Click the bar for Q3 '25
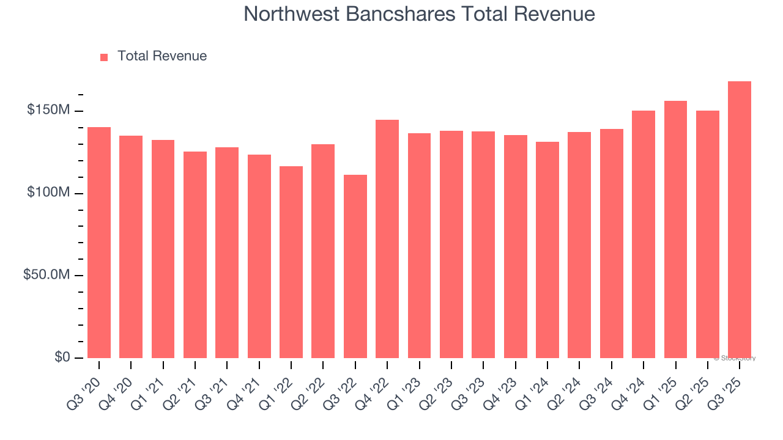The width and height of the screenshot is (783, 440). [x=739, y=220]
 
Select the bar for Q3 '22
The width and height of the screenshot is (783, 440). [x=355, y=266]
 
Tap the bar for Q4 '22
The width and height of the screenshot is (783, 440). [x=387, y=239]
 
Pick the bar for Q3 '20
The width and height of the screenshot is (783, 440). [x=99, y=243]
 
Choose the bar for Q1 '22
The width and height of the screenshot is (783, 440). [x=291, y=262]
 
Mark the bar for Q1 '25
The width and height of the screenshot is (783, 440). [x=675, y=229]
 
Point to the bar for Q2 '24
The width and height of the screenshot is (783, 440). [x=579, y=245]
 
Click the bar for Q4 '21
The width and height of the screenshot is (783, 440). [x=259, y=256]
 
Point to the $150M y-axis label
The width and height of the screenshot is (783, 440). [x=48, y=111]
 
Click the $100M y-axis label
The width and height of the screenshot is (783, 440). [x=48, y=193]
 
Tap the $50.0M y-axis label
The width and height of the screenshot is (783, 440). [x=46, y=275]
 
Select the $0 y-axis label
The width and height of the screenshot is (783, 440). [x=60, y=357]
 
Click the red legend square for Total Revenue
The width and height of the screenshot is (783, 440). [x=104, y=57]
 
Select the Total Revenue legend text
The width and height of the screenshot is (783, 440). [x=162, y=56]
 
